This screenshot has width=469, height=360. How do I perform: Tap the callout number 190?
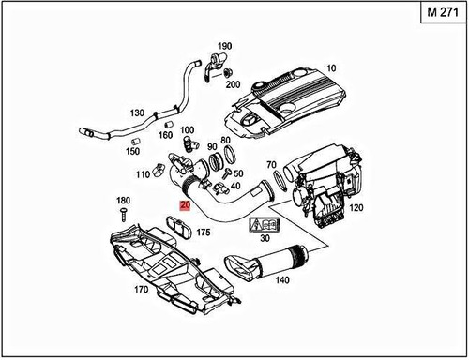pyautogui.click(x=224, y=46)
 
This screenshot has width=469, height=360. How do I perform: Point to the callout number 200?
pyautogui.click(x=233, y=84)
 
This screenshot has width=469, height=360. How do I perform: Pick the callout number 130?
pyautogui.click(x=137, y=113)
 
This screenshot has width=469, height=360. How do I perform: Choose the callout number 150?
pyautogui.click(x=133, y=151)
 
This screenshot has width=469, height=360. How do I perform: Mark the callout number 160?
pyautogui.click(x=166, y=134)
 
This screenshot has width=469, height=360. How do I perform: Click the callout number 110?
pyautogui.click(x=143, y=174)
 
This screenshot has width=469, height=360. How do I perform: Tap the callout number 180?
pyautogui.click(x=123, y=202)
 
